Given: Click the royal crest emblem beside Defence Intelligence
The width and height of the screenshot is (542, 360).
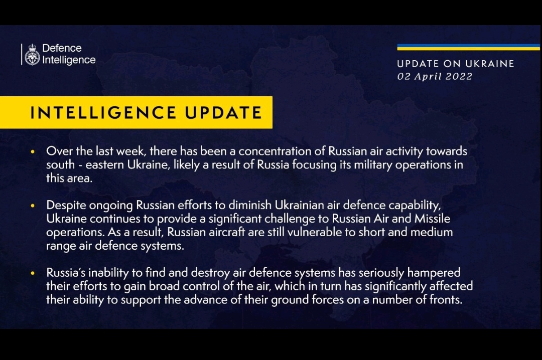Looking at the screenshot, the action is [x=32, y=55].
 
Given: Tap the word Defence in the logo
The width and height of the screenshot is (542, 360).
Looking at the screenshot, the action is [x=62, y=48].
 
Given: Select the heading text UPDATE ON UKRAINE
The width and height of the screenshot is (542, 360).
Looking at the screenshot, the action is [x=456, y=64].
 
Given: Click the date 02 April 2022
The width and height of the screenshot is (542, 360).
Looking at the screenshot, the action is [x=435, y=76].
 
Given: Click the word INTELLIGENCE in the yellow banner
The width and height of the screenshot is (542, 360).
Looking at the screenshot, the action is [x=103, y=113].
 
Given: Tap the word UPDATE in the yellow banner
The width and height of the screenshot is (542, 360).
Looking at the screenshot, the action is [x=223, y=113].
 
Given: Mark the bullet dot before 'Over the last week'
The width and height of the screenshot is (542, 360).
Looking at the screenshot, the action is [x=33, y=151].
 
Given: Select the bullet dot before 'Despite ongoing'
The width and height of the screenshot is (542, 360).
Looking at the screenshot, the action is [x=33, y=206].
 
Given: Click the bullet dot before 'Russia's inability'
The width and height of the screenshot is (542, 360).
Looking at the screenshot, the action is [x=33, y=273].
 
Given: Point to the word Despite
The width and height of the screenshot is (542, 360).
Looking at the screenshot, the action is [x=66, y=206].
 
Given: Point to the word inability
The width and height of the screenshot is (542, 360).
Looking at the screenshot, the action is [x=108, y=273].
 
